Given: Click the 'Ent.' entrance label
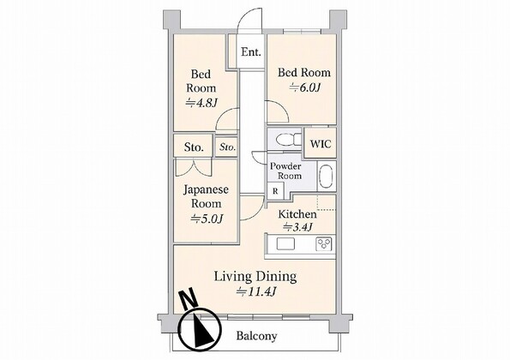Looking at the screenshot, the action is (x=251, y=52).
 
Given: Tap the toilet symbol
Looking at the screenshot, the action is (x=289, y=140).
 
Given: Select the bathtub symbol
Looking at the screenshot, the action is (x=327, y=177).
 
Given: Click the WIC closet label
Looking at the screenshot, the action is (x=321, y=144).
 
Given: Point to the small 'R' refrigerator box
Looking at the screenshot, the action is (x=275, y=191).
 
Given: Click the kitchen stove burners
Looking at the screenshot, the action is (x=324, y=243).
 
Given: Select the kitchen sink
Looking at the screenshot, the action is (x=285, y=243).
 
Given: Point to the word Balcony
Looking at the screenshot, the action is (x=256, y=336).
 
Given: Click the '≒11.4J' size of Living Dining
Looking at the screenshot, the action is (x=256, y=291).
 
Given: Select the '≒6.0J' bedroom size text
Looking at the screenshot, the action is (x=305, y=87).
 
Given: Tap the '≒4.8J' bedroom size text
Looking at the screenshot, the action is (x=201, y=103).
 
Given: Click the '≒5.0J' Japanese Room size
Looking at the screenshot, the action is (x=207, y=219).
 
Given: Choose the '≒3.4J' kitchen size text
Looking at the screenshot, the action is (x=297, y=226).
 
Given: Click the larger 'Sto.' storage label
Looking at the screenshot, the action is (x=194, y=147).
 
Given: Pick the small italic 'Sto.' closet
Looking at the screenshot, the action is (x=227, y=147).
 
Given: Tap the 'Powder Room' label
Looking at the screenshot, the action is (x=286, y=171).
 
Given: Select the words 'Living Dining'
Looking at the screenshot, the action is (x=255, y=276).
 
